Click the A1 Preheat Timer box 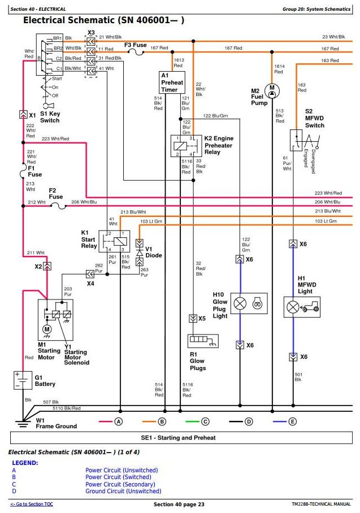coord(172,82)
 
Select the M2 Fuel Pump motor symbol coord(272,91)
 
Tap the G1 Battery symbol coord(23,380)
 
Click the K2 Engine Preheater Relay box coord(182,146)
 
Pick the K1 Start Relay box coord(114,241)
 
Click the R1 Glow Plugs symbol coord(203,341)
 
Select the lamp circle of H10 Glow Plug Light coord(240,303)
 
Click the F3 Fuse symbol coord(136,51)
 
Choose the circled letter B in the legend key coord(162,421)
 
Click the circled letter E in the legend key coord(293,421)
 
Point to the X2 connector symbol coord(47,266)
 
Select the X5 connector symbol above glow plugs coord(193,318)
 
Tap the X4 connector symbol coord(90,274)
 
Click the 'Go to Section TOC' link coord(32,504)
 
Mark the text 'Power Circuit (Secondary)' coord(120,484)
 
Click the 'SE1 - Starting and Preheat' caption coord(179,438)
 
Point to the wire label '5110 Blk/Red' coord(67,408)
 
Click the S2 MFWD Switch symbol coord(303,141)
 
